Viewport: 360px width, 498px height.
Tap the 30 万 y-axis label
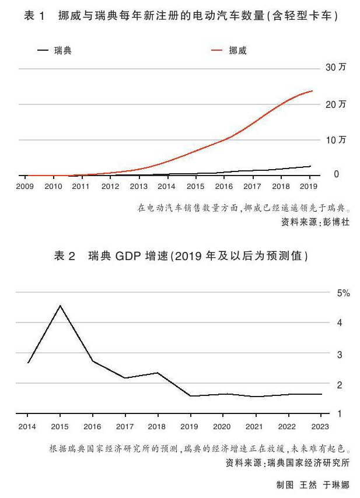(x=337, y=68)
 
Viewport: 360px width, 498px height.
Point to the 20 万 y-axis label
(x=337, y=104)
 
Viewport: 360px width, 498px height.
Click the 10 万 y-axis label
(x=337, y=140)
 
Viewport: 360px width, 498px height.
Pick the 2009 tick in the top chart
(x=25, y=187)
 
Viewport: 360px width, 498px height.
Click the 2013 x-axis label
(x=138, y=187)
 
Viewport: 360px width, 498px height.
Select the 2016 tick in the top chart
(x=224, y=187)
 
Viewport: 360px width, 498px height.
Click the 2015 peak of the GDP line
(x=60, y=305)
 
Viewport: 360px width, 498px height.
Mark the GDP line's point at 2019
(x=191, y=396)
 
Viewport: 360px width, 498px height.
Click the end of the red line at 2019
(x=312, y=91)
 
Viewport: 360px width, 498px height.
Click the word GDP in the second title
(x=127, y=256)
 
